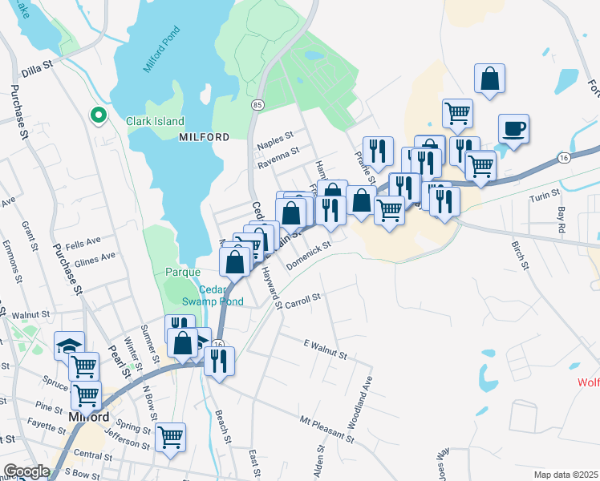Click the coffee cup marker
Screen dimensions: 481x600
pos(513,128)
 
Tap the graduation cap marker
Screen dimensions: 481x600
pos(69,346)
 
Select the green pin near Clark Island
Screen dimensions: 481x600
pos(99,115)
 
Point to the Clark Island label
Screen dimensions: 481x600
pos(155,122)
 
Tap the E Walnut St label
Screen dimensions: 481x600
pos(324,349)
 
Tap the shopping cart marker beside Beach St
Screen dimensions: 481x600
pos(170,438)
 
